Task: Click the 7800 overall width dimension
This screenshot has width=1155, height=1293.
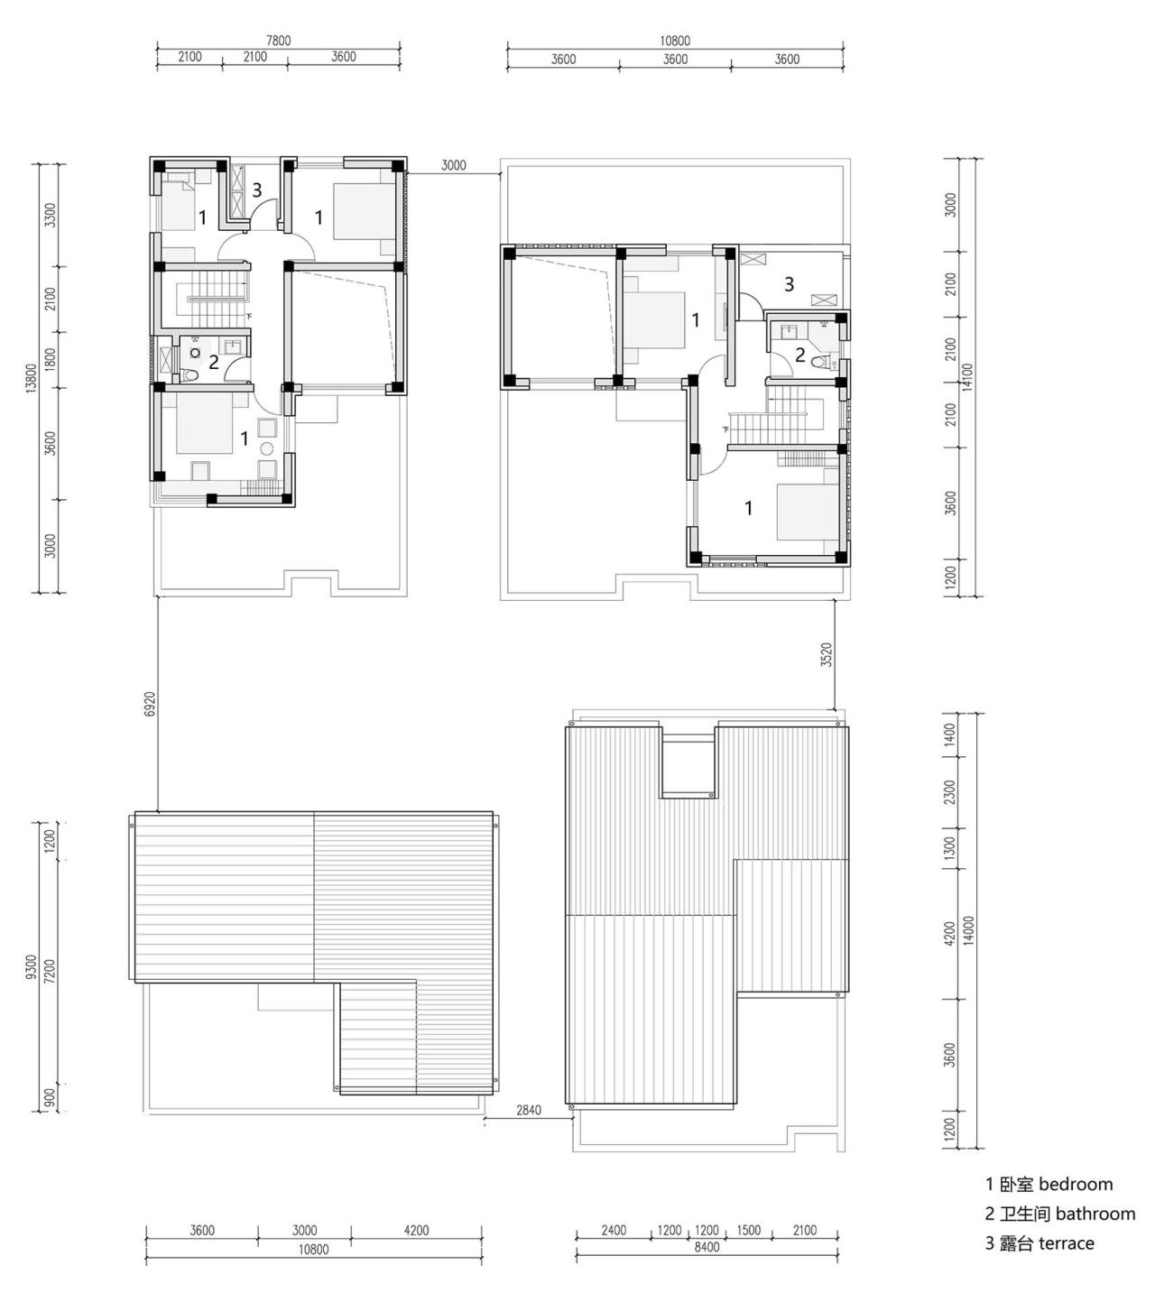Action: (278, 41)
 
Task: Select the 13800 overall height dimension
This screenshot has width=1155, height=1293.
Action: (31, 378)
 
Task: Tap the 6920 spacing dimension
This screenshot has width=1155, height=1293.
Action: (150, 705)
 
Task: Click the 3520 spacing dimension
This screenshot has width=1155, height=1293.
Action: (826, 654)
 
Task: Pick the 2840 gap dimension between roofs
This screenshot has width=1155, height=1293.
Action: (529, 1110)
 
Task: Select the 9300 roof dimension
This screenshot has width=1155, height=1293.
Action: (32, 966)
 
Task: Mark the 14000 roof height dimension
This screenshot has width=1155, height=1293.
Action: (968, 930)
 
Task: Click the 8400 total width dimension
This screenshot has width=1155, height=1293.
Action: (707, 1248)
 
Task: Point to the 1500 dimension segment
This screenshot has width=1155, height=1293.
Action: (748, 1230)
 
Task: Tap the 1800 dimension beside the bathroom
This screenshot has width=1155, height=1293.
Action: (51, 361)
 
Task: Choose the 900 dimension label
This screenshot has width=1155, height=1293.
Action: (51, 1097)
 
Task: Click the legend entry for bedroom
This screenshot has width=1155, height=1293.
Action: (1049, 1184)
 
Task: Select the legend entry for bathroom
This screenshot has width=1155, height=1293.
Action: (1059, 1214)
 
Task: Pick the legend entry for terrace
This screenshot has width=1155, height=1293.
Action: (1039, 1243)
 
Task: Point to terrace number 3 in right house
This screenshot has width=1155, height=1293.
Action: (789, 284)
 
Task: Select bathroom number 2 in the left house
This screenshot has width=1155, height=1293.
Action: (214, 363)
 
